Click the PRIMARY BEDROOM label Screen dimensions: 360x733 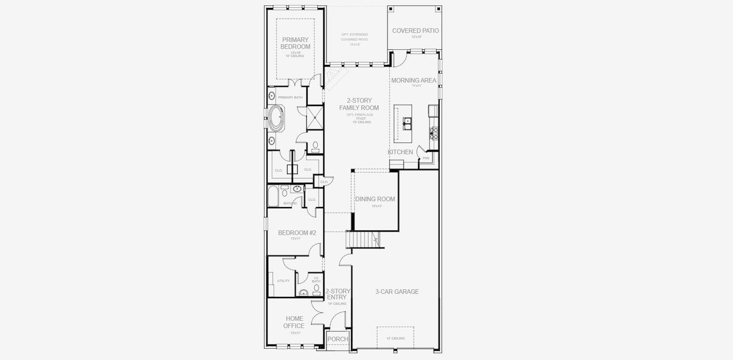(x=296, y=43)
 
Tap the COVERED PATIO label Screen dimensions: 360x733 (x=415, y=31)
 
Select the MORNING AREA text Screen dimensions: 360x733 (x=413, y=80)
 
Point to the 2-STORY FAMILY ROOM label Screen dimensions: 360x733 (x=359, y=104)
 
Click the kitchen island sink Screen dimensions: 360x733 (x=407, y=124)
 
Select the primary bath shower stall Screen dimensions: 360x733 (x=314, y=118)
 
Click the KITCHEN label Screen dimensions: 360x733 (x=400, y=152)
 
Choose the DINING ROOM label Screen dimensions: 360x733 (x=375, y=199)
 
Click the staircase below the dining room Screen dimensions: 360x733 (x=364, y=241)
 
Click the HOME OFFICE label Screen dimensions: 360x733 (x=294, y=322)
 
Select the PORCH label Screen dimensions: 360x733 (x=338, y=339)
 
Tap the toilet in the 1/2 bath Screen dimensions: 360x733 (x=317, y=289)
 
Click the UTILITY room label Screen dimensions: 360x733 (x=283, y=281)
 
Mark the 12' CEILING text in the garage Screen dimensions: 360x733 (x=395, y=338)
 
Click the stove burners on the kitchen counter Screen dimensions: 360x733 (x=433, y=130)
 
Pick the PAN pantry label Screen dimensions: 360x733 (x=426, y=158)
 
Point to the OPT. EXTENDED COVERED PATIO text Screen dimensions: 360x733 (x=355, y=37)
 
